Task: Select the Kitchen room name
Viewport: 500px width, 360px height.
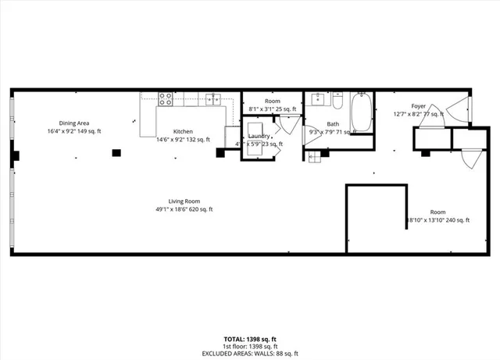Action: [x=183, y=131]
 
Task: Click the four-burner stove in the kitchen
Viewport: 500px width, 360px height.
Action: [x=166, y=98]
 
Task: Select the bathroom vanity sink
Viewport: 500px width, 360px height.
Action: [x=318, y=99]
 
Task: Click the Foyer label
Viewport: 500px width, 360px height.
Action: [x=419, y=105]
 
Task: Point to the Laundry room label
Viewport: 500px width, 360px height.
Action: [x=259, y=136]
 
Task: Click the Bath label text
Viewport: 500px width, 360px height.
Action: [x=333, y=124]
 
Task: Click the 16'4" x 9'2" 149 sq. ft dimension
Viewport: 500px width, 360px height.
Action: [x=73, y=131]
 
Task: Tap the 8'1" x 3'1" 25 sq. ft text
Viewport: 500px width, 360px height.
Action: [x=272, y=109]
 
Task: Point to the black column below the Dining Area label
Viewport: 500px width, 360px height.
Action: [x=116, y=153]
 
